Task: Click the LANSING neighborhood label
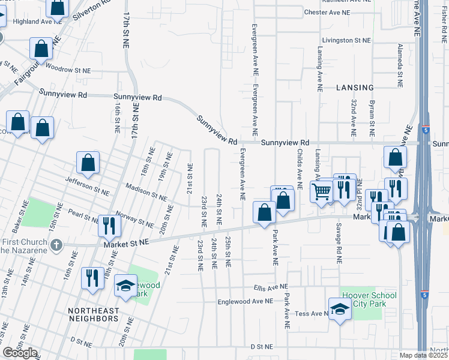coord(355,88)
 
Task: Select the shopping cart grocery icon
coord(322,192)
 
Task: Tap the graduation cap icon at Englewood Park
coord(125,286)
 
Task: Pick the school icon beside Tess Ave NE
coord(340,308)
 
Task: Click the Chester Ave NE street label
coord(327,12)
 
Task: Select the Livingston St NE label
coord(346,40)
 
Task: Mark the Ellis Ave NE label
coord(271,287)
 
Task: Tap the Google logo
coord(20,353)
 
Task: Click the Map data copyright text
coord(423,355)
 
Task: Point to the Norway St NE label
coord(137,223)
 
